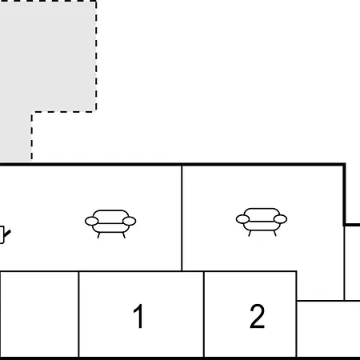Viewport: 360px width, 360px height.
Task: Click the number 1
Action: [139, 316]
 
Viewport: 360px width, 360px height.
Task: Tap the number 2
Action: [257, 316]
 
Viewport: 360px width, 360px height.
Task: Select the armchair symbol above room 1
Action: [110, 224]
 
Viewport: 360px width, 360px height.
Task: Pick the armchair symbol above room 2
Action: [262, 222]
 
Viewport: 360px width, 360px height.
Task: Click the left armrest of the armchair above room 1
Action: [91, 221]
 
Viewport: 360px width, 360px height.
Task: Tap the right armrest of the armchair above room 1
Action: [130, 221]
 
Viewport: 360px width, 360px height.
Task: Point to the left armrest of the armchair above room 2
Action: [242, 219]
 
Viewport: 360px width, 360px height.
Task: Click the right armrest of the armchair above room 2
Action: [280, 219]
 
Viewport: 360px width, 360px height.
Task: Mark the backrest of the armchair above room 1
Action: [110, 215]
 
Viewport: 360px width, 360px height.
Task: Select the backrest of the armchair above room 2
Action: [262, 214]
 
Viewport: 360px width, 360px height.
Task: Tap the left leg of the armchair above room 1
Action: [98, 235]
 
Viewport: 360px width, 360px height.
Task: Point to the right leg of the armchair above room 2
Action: [274, 234]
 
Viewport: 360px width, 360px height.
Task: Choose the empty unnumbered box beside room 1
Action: [39, 314]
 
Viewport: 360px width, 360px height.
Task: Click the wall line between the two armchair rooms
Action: [182, 218]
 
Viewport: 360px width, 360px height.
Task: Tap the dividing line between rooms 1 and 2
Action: [204, 314]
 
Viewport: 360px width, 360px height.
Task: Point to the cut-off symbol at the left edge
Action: [4, 234]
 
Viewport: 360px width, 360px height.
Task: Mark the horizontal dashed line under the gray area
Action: [64, 112]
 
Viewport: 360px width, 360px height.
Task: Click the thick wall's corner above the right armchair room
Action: [344, 165]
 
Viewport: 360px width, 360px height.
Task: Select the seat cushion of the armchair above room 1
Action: [110, 228]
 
